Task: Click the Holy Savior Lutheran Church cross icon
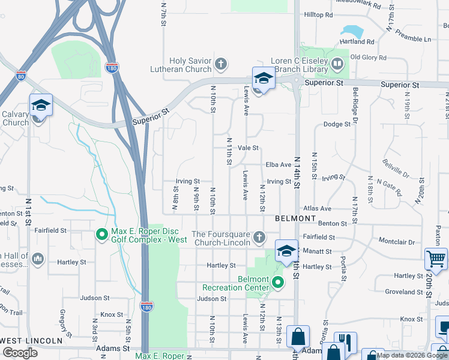pyautogui.click(x=221, y=63)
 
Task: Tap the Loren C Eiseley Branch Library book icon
pyautogui.click(x=337, y=63)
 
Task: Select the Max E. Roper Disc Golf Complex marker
pyautogui.click(x=101, y=233)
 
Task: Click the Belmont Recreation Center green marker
pyautogui.click(x=277, y=281)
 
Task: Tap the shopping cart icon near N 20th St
pyautogui.click(x=435, y=259)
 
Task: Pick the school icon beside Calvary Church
pyautogui.click(x=41, y=105)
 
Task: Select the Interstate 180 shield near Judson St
pyautogui.click(x=147, y=307)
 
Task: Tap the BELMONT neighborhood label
pyautogui.click(x=295, y=219)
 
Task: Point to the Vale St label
pyautogui.click(x=248, y=148)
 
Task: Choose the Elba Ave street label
pyautogui.click(x=278, y=165)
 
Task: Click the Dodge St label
pyautogui.click(x=336, y=124)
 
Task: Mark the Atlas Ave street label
pyautogui.click(x=317, y=209)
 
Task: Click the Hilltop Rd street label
pyautogui.click(x=318, y=14)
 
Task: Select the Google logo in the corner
pyautogui.click(x=20, y=352)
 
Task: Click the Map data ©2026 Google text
pyautogui.click(x=412, y=355)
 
